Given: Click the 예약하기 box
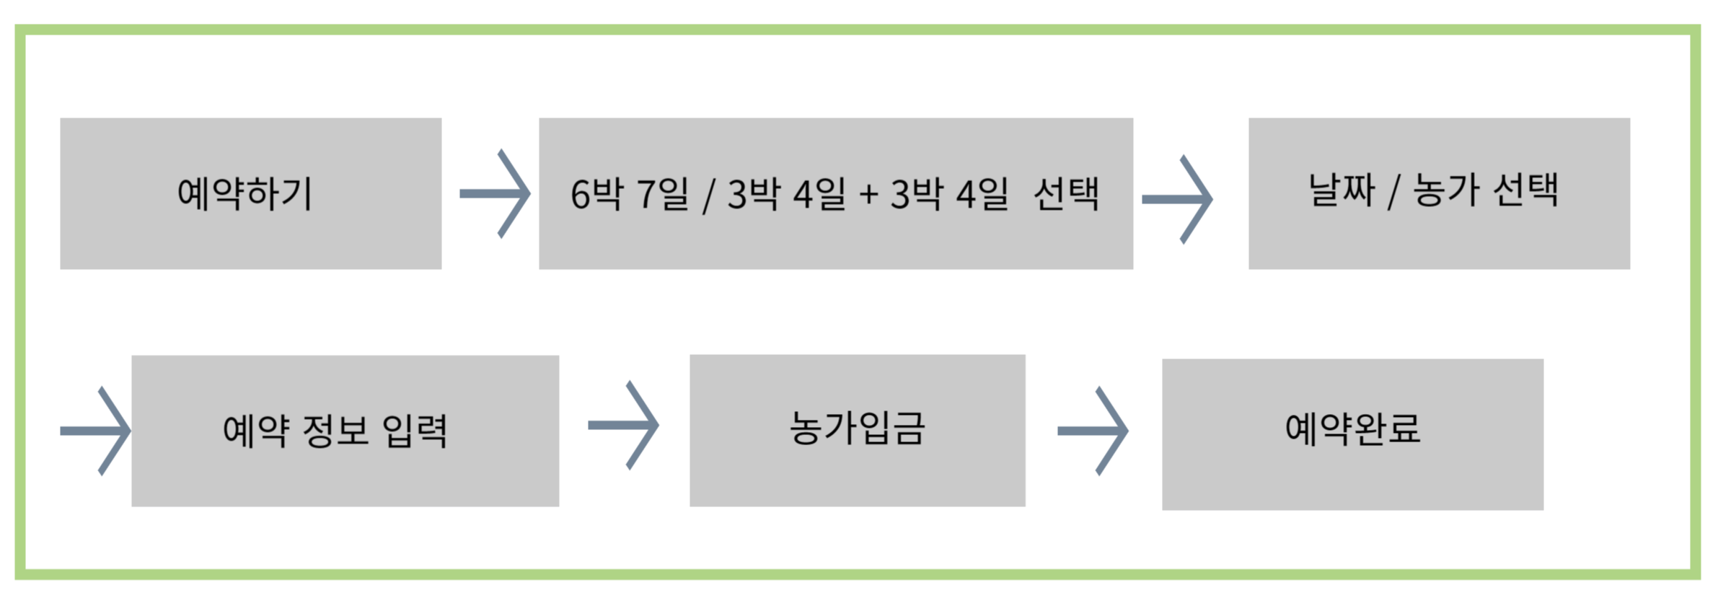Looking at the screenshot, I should click(250, 193).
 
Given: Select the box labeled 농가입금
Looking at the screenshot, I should click(857, 430).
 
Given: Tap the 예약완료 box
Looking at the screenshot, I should click(1352, 434).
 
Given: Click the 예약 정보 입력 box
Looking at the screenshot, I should click(345, 431).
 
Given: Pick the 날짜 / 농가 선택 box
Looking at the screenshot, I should click(1439, 193).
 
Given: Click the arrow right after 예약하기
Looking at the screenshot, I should click(495, 193).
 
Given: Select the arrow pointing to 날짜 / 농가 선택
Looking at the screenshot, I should click(1178, 199).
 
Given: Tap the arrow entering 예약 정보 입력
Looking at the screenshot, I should click(96, 431).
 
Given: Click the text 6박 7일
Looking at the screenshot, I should click(630, 194).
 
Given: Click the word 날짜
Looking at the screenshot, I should click(1342, 190).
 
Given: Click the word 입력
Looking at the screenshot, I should click(415, 431).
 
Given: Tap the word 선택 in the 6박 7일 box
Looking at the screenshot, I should click(1067, 194).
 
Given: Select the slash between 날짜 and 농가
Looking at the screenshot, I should click(1393, 192).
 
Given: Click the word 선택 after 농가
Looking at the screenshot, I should click(1525, 190).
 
